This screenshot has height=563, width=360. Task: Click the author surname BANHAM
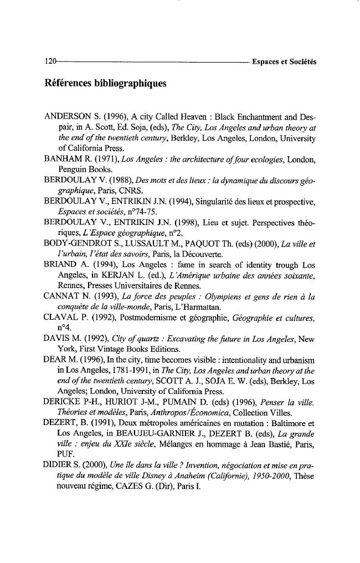63,160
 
